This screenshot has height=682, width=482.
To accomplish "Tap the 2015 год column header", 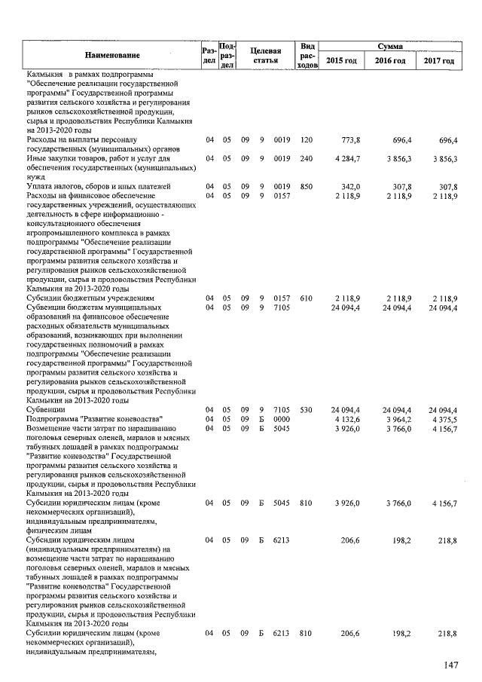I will (x=341, y=60).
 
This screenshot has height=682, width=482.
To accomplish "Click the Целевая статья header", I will (x=265, y=54).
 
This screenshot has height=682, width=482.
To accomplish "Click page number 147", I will (x=450, y=665).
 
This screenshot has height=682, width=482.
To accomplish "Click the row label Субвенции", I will (x=45, y=410).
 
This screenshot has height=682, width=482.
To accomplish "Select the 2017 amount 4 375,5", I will (x=442, y=419).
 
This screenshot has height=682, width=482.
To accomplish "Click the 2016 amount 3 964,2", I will (x=395, y=419).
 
